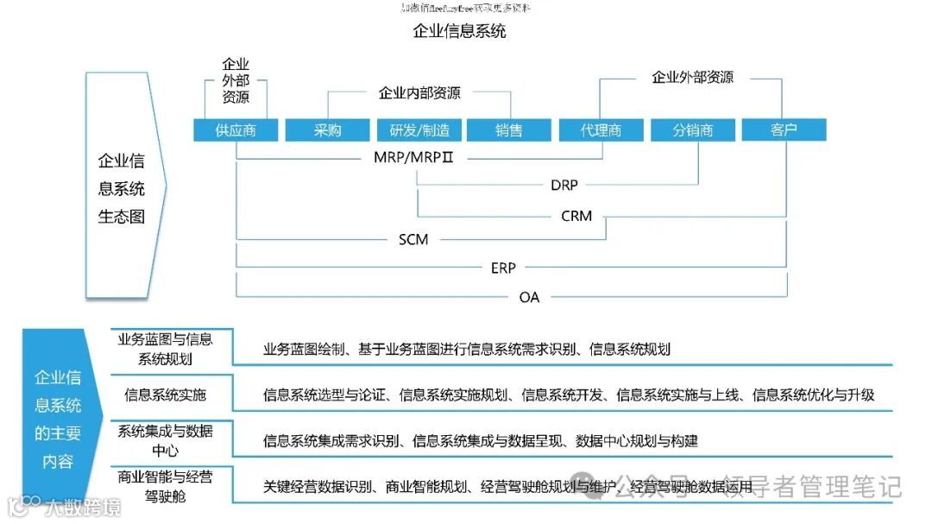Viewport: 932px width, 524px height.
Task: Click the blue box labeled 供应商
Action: tap(236, 129)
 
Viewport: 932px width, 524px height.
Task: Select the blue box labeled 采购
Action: tap(327, 129)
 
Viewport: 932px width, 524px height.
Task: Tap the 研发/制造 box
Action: tap(419, 129)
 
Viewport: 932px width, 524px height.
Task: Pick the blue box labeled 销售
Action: tap(509, 129)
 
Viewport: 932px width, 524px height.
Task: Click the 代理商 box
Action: tap(601, 129)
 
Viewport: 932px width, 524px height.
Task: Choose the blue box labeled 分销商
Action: tap(693, 129)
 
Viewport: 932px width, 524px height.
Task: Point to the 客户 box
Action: tap(784, 129)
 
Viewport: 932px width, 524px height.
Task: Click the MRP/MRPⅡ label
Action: tap(413, 158)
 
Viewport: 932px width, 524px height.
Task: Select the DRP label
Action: tap(564, 185)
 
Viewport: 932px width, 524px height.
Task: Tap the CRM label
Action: tap(576, 215)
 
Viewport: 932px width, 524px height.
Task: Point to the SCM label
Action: tap(413, 239)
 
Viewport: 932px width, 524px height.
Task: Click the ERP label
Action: tap(503, 268)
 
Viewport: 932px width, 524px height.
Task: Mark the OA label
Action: tap(529, 297)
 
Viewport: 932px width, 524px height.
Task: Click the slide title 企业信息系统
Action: tap(459, 32)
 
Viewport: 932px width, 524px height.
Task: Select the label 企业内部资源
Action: tap(419, 92)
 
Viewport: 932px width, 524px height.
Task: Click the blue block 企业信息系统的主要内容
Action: tap(59, 419)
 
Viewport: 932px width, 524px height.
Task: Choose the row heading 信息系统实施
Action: tap(166, 395)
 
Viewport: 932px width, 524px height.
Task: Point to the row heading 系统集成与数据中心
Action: tap(166, 440)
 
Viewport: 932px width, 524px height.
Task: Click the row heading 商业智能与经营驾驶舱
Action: tap(166, 485)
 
